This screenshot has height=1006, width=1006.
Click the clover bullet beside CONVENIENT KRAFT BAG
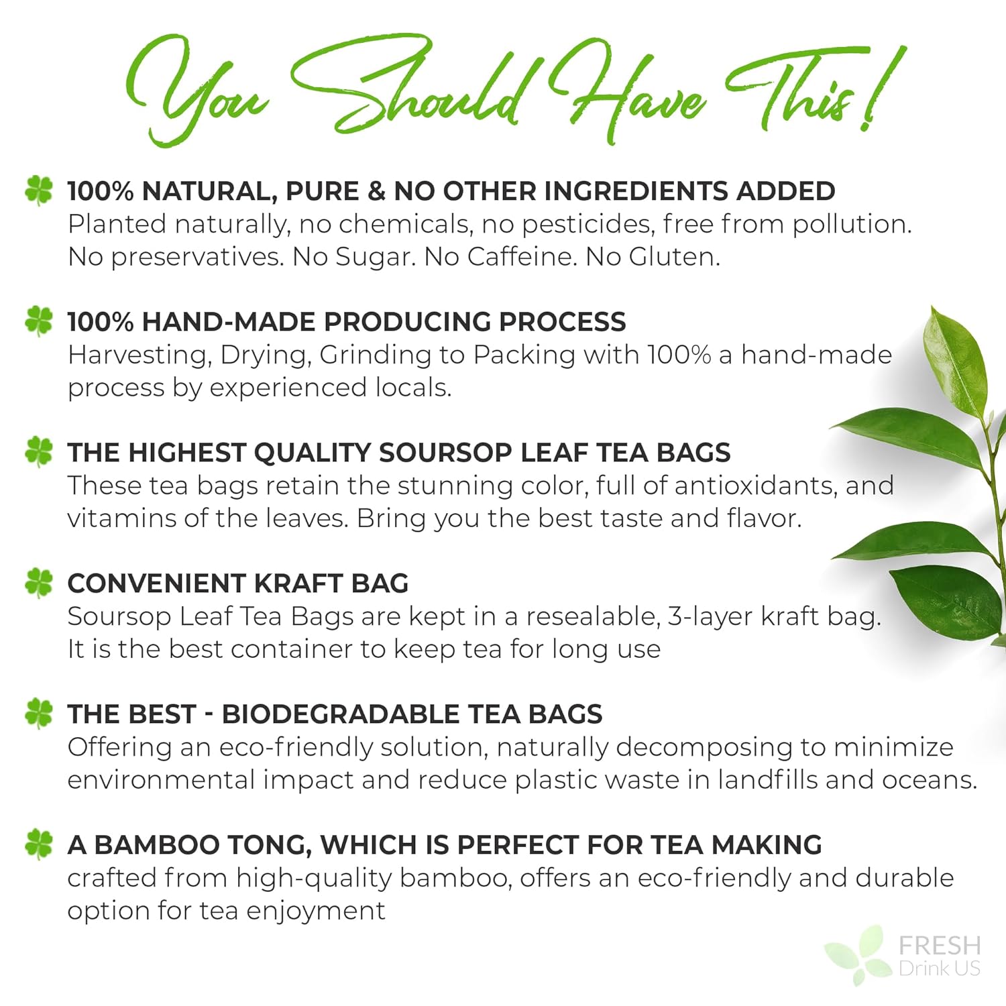39,583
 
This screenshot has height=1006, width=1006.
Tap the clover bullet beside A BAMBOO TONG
39,844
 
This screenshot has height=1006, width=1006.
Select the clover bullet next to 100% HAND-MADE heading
39,321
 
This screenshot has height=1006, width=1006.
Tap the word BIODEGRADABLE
341,714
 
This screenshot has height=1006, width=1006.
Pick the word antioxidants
756,486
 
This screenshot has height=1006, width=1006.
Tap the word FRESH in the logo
940,946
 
